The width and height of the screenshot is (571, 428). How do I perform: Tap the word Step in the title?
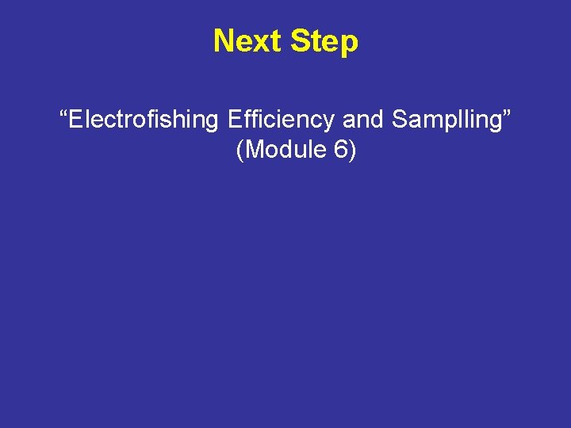coord(324,41)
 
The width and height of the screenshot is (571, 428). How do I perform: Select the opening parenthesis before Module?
coord(240,150)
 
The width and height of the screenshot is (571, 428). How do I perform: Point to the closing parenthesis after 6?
coord(351,150)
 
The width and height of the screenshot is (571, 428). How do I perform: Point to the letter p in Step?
coord(349,44)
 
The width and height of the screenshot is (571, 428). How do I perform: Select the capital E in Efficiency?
coord(234,120)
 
